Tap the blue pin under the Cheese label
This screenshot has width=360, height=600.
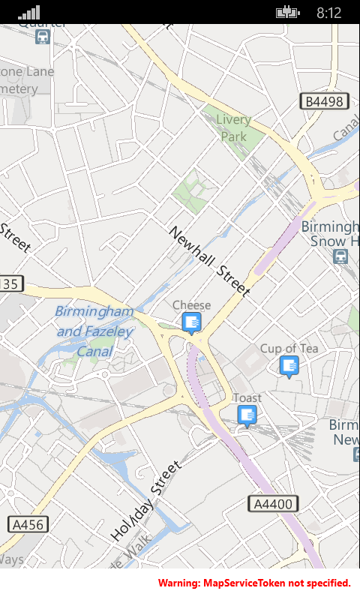192,322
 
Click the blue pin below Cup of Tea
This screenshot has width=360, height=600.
289,365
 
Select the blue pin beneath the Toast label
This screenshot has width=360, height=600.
247,415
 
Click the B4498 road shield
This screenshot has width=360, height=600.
323,101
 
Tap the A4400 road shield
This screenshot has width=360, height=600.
273,504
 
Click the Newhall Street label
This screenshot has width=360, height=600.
209,261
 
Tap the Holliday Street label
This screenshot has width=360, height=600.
146,501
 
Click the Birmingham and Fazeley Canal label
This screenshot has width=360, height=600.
95,331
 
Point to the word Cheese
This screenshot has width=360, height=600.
192,304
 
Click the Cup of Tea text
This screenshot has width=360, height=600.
289,348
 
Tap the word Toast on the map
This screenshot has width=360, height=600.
247,397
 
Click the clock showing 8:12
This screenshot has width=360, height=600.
328,13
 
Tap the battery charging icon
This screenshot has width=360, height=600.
287,12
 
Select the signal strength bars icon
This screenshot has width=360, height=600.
29,12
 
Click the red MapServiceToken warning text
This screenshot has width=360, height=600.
254,583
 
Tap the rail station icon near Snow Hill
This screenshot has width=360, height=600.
340,256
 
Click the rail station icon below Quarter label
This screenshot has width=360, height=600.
43,36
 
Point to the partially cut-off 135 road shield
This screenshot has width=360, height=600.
11,284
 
